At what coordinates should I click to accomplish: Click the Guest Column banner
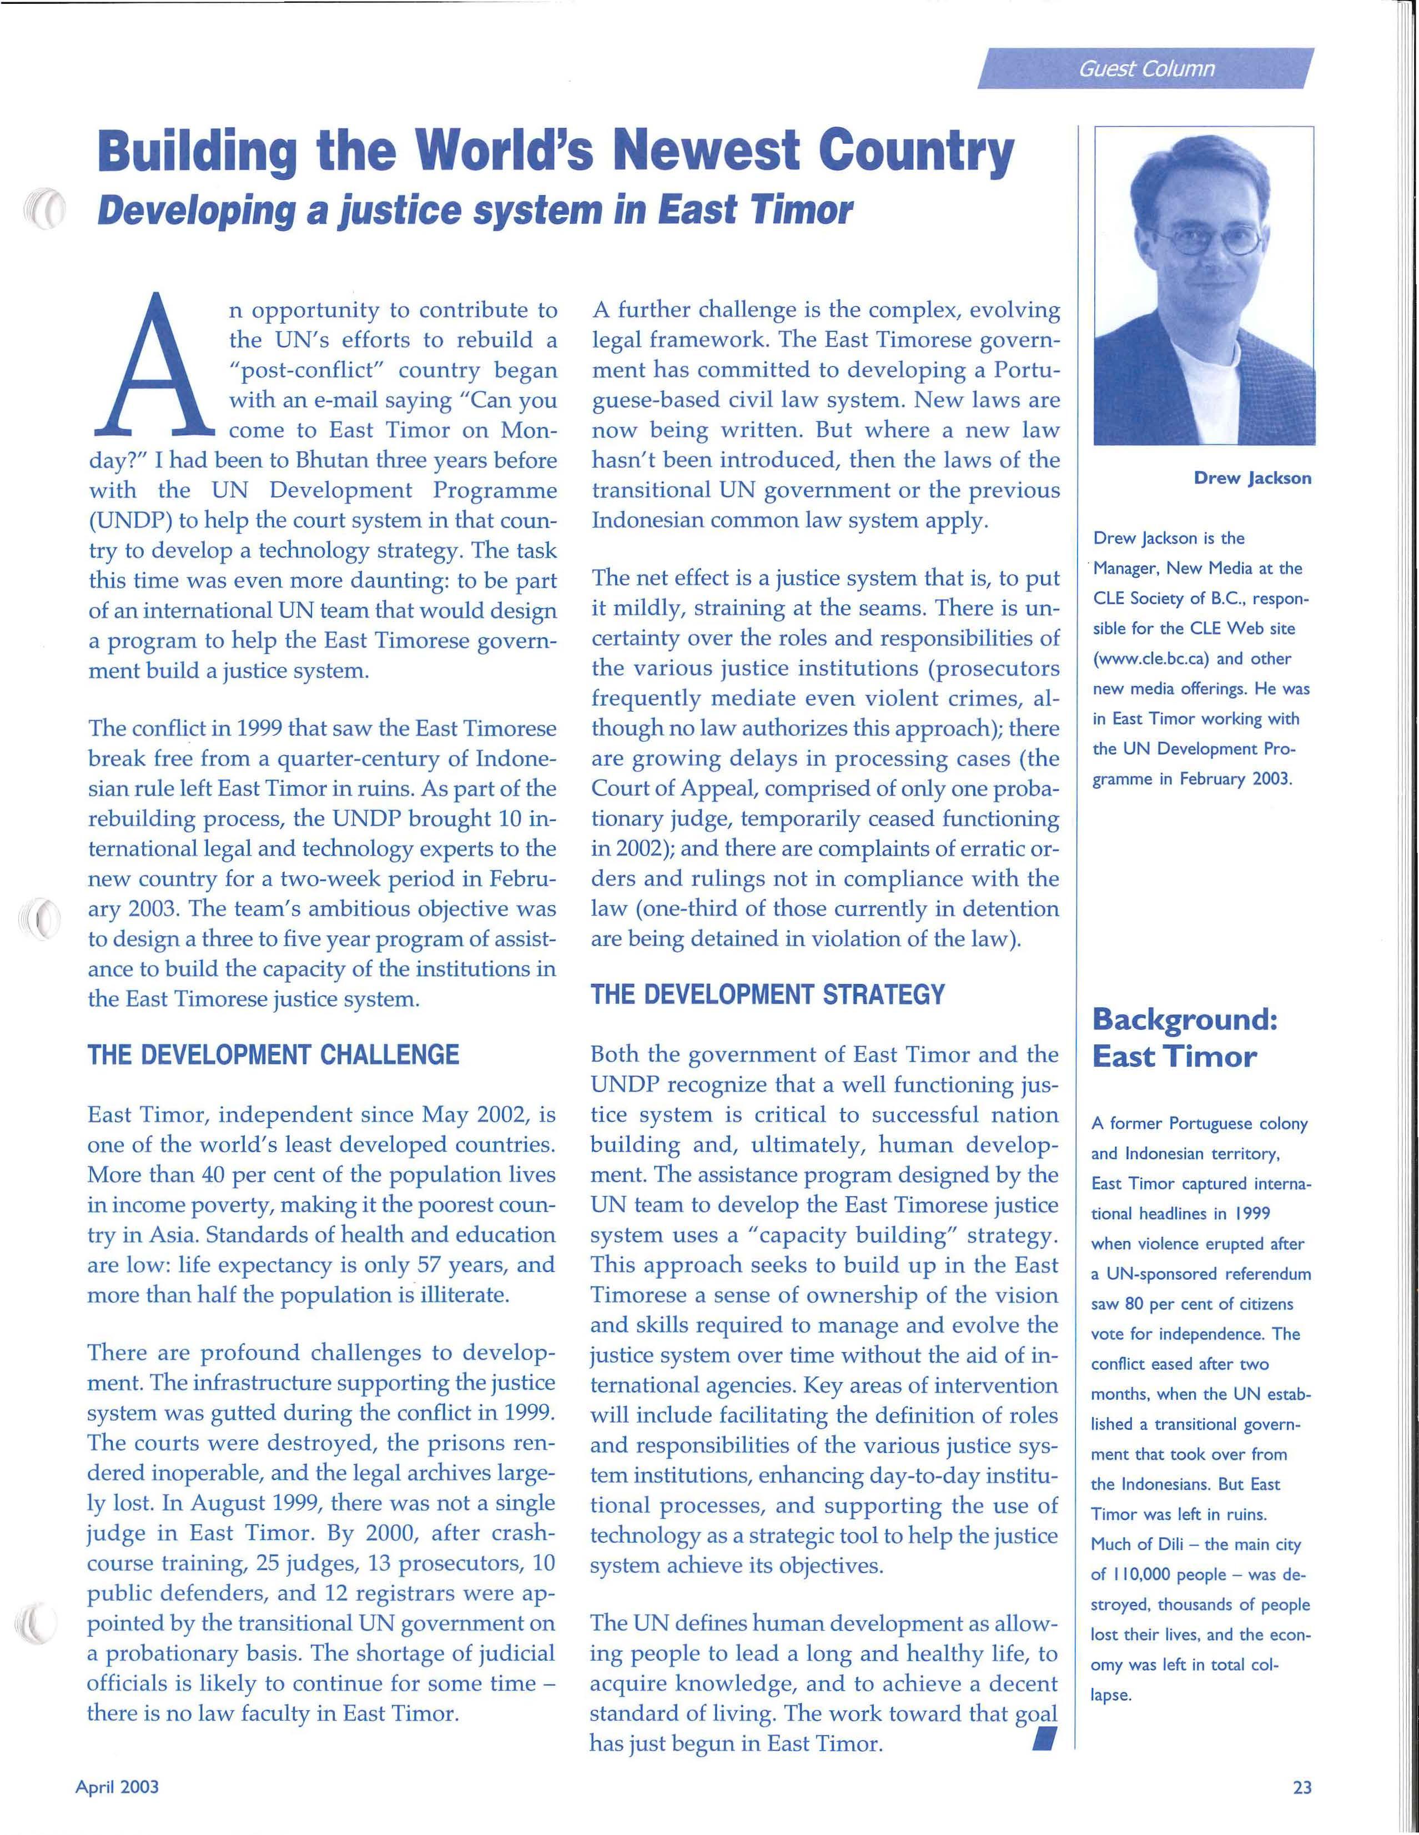pos(1146,69)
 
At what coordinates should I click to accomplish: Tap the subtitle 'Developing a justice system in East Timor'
pos(475,210)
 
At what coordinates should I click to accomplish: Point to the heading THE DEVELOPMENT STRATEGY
pos(767,995)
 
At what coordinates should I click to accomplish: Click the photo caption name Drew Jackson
pos(1252,478)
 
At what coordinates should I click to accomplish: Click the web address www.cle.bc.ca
pos(1150,658)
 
